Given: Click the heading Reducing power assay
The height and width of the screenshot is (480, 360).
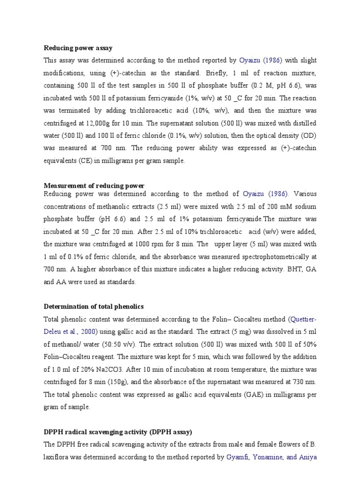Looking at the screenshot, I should (x=78, y=48).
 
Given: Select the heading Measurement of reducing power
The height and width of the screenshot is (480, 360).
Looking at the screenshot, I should (x=94, y=186).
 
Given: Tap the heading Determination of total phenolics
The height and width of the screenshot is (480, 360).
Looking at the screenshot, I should (x=94, y=307).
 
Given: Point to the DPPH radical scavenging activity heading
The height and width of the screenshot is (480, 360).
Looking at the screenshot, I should (x=118, y=432).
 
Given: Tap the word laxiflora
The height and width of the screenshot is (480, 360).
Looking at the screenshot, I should (x=59, y=457).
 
